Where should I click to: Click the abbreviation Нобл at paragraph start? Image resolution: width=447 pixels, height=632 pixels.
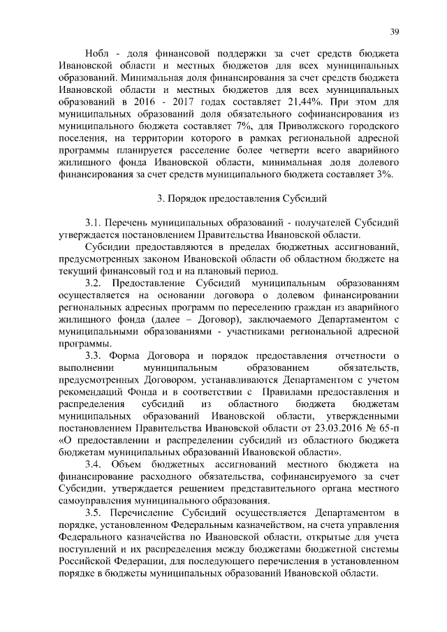point(96,54)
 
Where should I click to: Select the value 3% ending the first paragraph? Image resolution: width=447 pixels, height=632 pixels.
point(384,174)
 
